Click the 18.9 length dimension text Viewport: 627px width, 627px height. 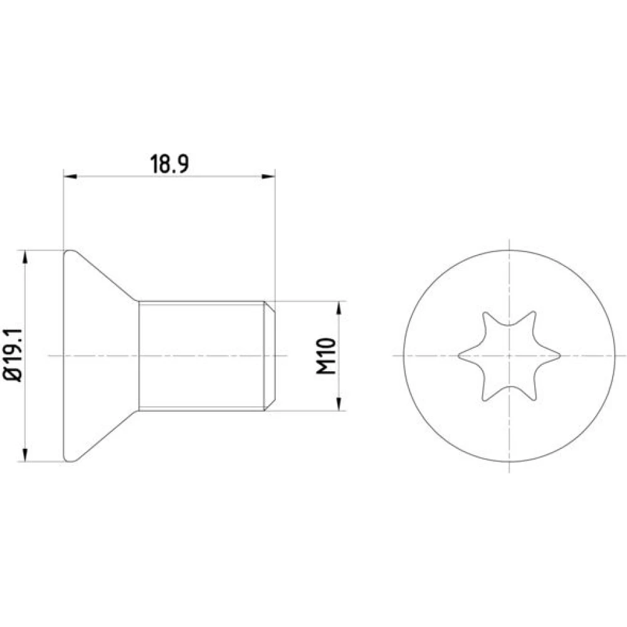[x=169, y=164]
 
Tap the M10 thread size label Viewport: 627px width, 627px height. [x=326, y=356]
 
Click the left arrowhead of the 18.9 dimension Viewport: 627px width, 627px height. [x=70, y=176]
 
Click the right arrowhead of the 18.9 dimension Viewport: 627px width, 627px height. [x=268, y=176]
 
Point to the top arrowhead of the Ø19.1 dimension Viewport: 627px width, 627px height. [x=25, y=257]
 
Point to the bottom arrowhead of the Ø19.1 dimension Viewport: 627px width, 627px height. [x=25, y=455]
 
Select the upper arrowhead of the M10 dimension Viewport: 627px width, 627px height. [x=339, y=308]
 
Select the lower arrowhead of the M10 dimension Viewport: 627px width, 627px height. [x=339, y=404]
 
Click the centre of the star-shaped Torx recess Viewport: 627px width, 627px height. [x=509, y=356]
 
